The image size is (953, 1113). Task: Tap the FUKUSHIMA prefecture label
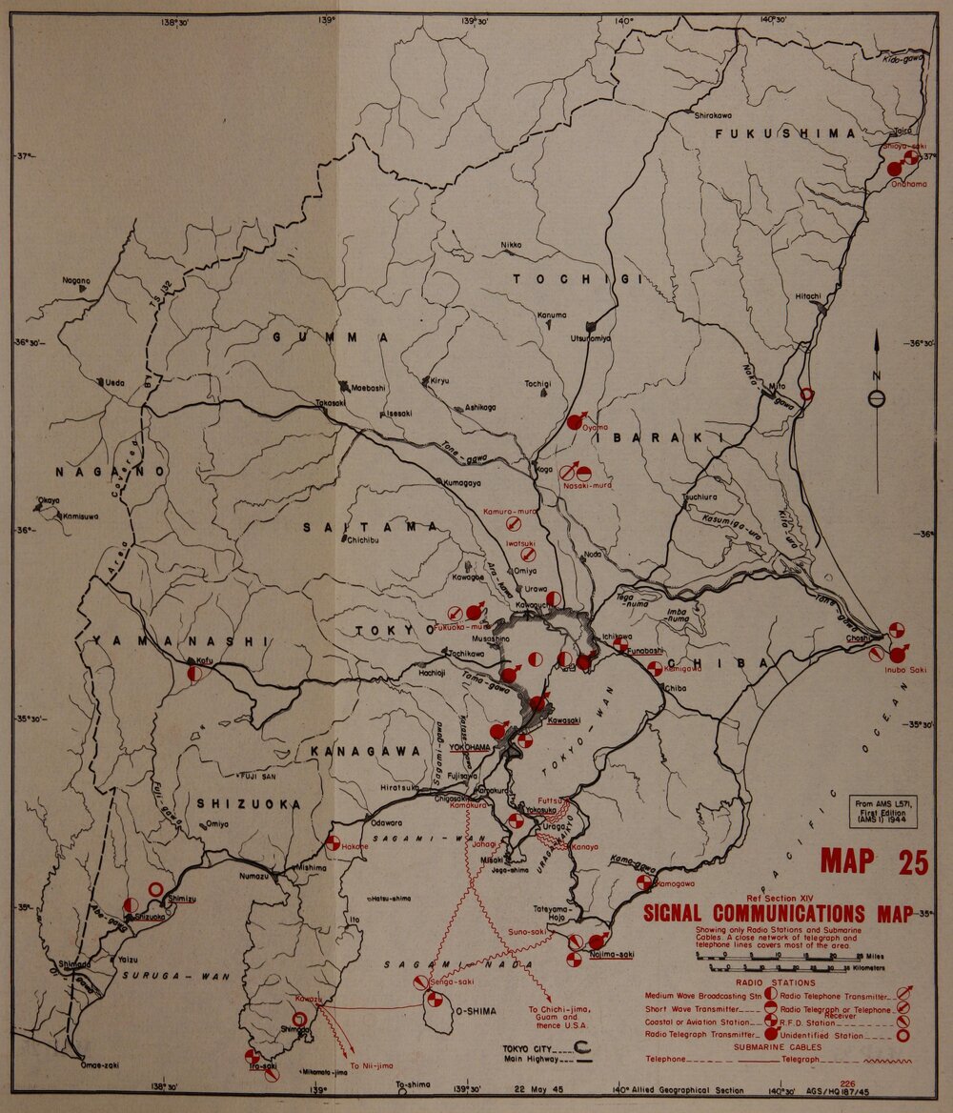786,134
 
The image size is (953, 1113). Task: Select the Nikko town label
511,245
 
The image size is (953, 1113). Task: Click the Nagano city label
76,280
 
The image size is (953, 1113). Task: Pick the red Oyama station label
595,429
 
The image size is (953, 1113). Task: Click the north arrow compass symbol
877,398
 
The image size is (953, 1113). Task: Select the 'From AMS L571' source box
882,812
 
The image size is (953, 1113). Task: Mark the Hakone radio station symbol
333,842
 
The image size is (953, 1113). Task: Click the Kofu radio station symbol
194,673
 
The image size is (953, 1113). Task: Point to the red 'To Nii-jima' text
366,1064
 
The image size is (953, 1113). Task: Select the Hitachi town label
808,296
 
